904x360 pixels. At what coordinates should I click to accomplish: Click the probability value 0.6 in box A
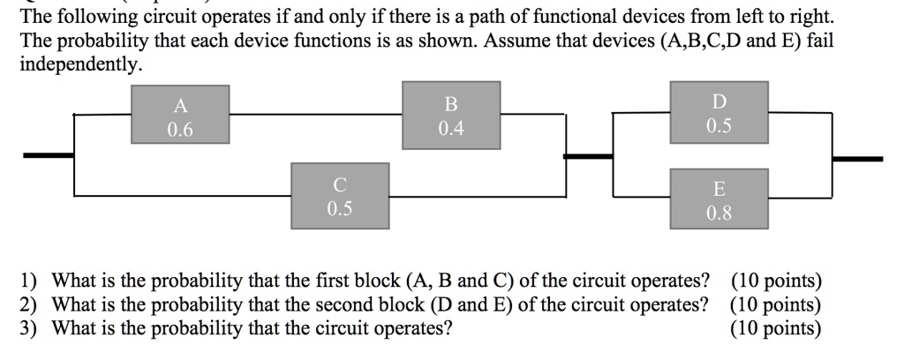(180, 131)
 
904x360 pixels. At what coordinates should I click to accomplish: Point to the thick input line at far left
(49, 155)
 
